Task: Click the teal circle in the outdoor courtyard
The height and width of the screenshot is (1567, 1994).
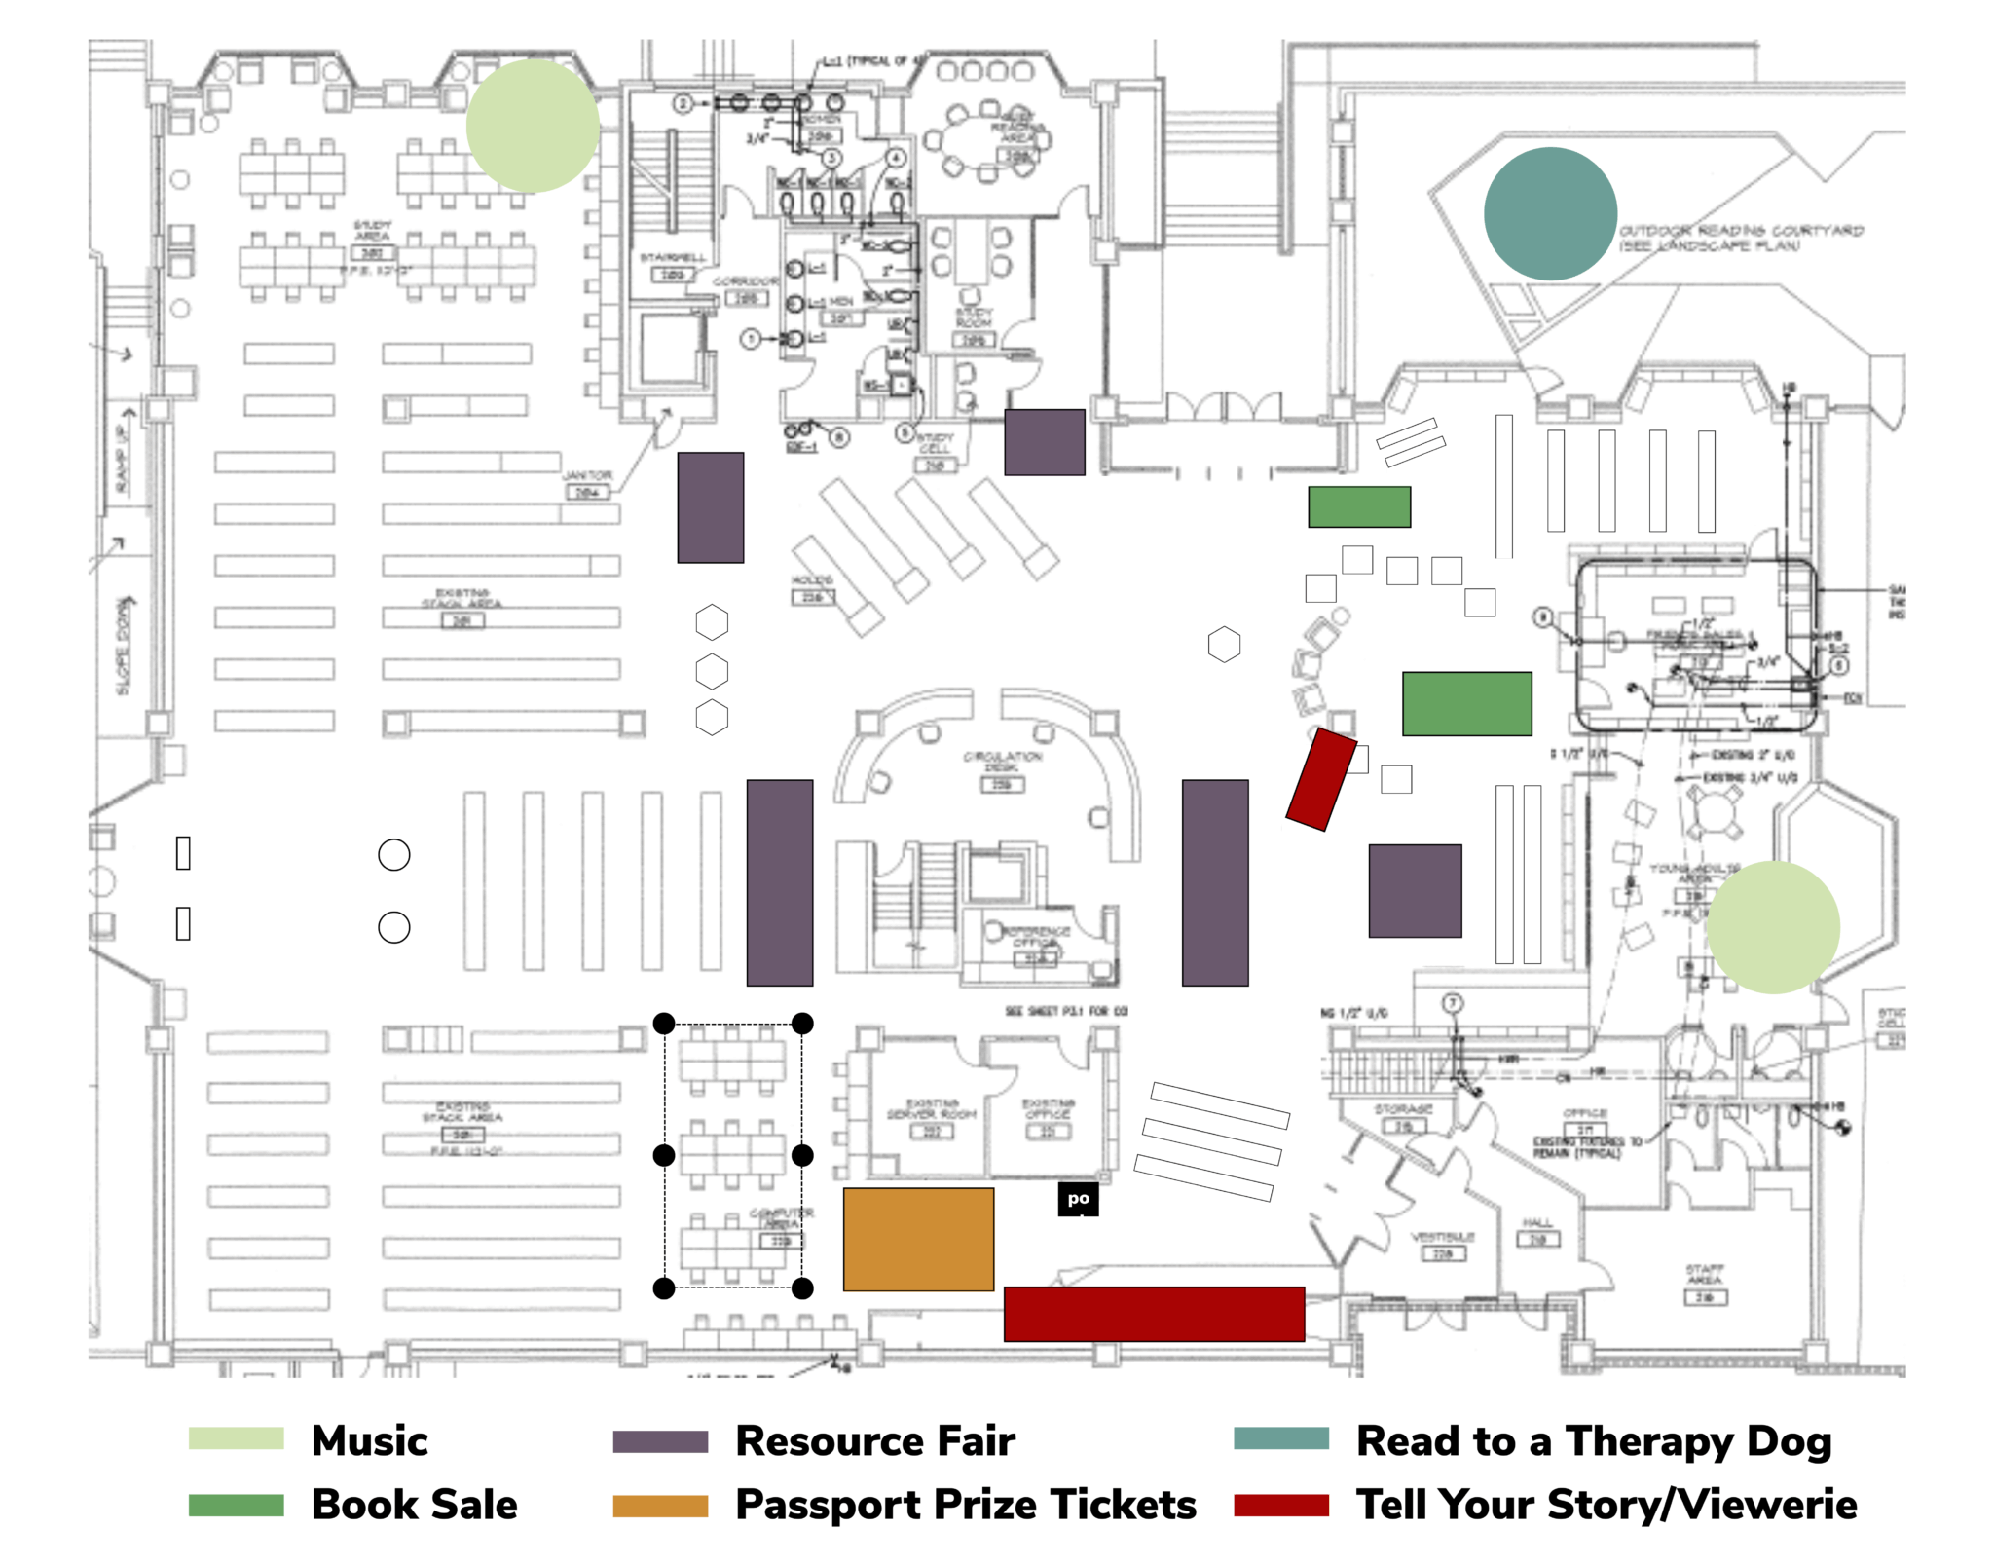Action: click(1549, 213)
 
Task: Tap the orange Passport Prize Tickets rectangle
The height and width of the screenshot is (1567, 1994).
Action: click(917, 1238)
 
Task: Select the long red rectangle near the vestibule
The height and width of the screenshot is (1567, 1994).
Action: click(1153, 1313)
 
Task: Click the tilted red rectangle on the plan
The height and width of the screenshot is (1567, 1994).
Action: click(1320, 778)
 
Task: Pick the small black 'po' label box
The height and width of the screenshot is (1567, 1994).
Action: click(1077, 1199)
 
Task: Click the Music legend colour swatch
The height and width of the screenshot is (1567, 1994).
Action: click(236, 1438)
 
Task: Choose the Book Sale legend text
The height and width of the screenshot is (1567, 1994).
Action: click(414, 1504)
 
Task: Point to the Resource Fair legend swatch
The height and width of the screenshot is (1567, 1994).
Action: click(659, 1440)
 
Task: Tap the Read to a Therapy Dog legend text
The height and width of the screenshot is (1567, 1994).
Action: click(1593, 1440)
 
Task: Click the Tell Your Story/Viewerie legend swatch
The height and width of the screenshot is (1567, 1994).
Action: click(1280, 1505)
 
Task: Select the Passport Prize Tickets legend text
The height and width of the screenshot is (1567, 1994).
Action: click(965, 1504)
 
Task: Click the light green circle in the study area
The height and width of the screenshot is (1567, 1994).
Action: click(532, 125)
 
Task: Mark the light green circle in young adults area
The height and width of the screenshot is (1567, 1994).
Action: click(1772, 926)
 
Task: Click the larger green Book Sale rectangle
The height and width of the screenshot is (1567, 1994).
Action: click(1465, 702)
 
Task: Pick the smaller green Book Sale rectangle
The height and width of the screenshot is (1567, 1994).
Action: click(1358, 506)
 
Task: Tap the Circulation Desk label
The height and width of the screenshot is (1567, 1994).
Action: click(1002, 761)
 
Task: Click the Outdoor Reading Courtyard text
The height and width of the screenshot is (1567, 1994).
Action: click(1740, 237)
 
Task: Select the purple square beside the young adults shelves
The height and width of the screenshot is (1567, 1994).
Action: click(1414, 890)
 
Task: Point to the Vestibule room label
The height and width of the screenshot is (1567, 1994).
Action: click(1442, 1237)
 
